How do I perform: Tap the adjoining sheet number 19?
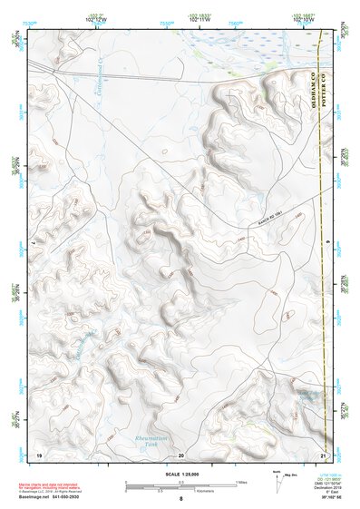[39, 454]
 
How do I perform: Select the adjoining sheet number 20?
[181, 454]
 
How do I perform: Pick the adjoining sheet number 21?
[323, 454]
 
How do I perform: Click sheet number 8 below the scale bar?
[181, 499]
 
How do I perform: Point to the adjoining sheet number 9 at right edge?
[326, 242]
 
